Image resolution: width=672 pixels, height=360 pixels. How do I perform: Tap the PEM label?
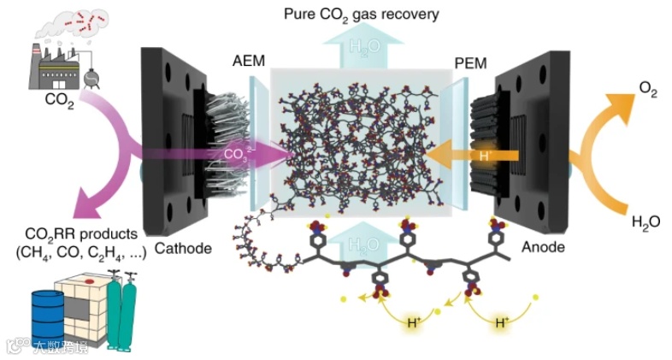471,62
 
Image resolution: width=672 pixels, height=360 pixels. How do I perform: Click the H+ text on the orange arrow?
485,155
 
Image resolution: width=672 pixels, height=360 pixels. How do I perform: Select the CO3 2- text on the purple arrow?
237,155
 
